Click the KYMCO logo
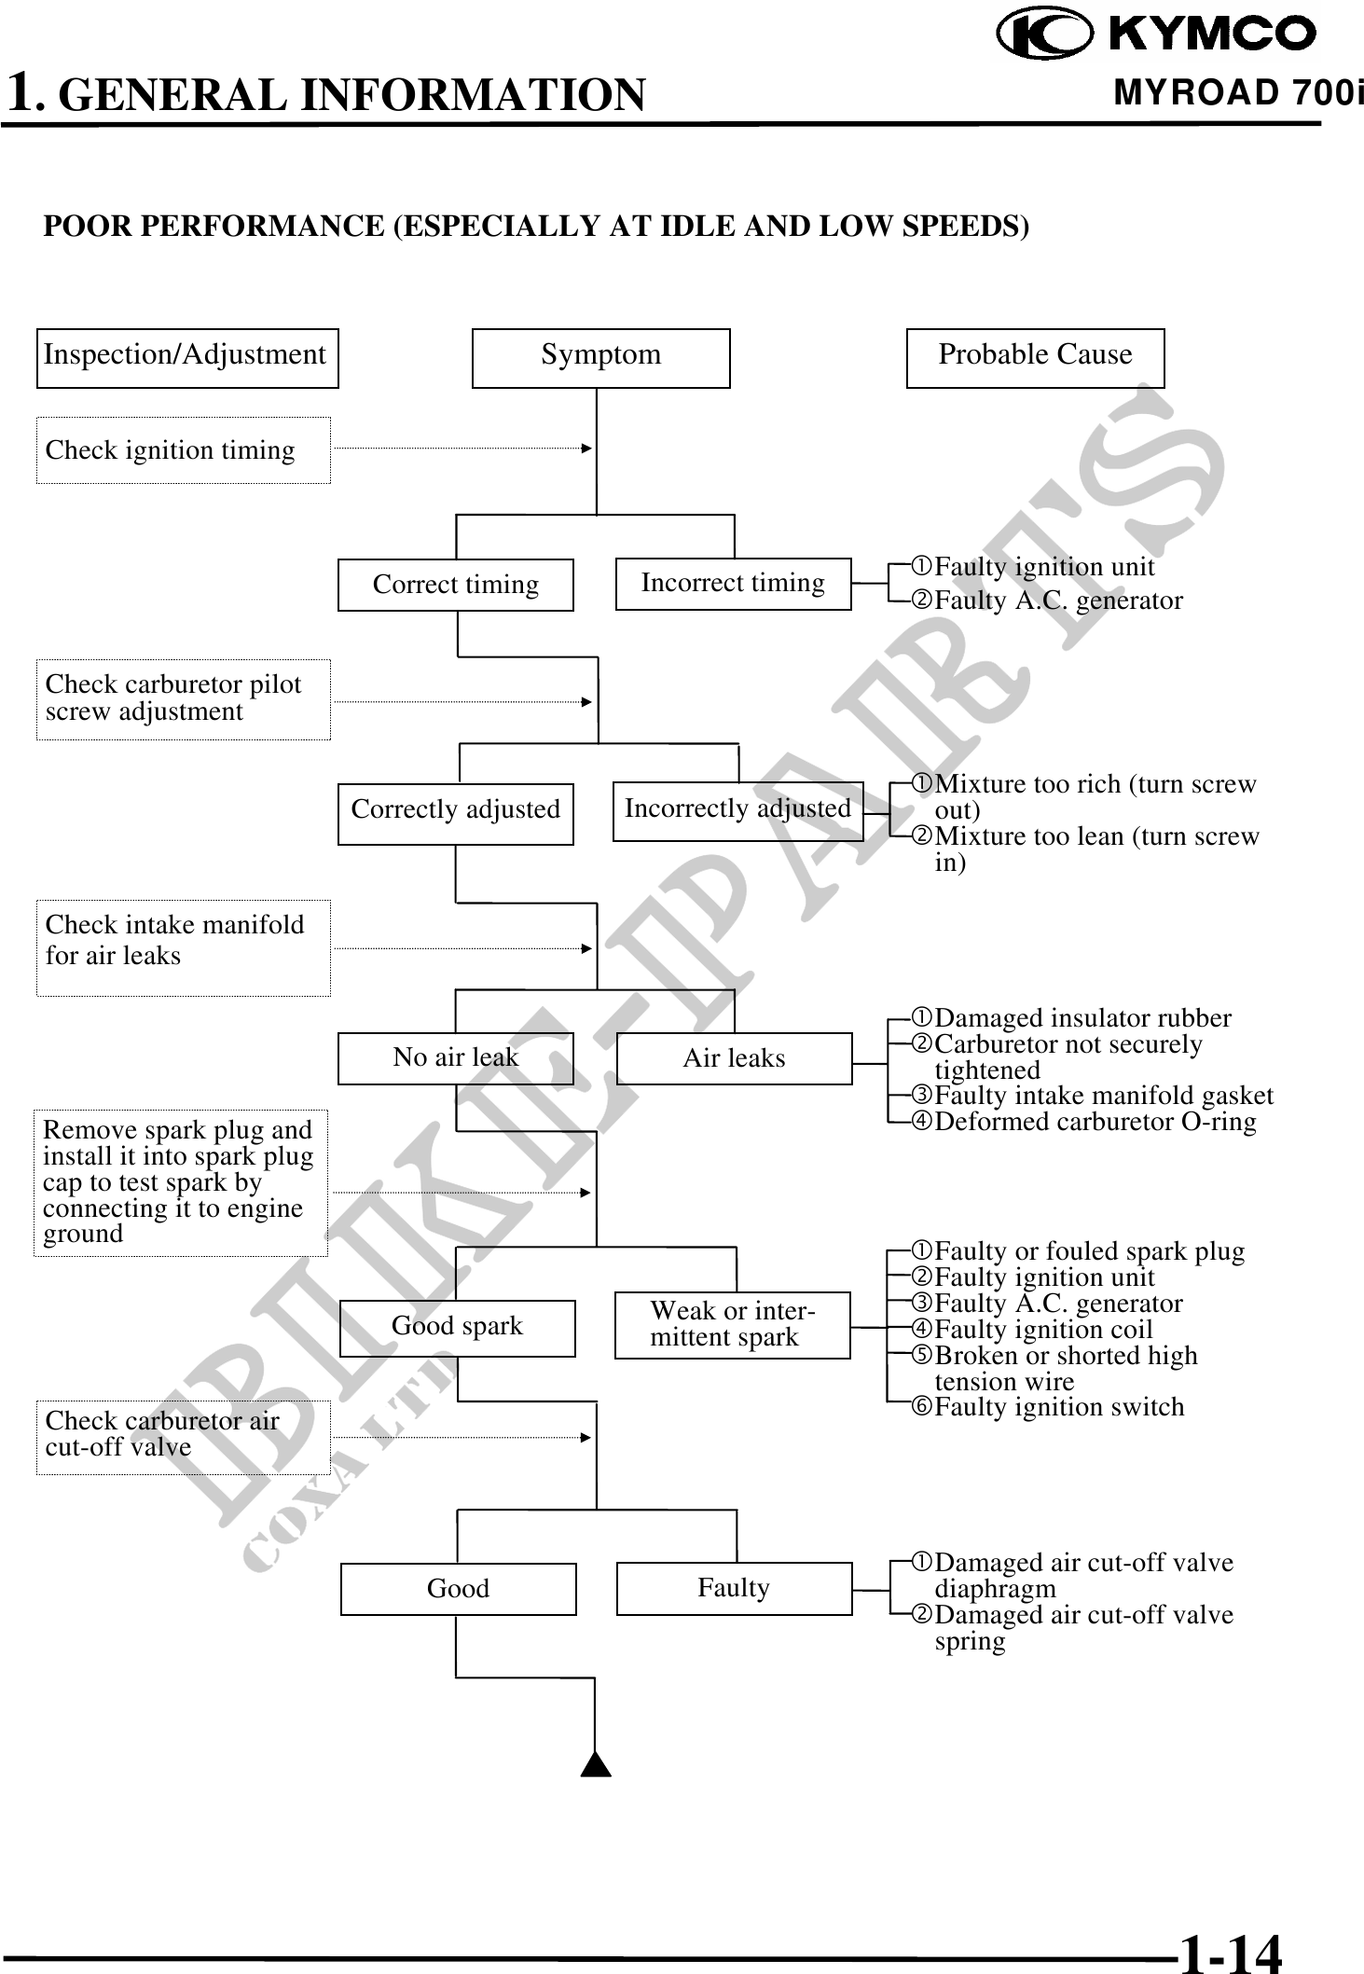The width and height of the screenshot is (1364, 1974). (x=1157, y=35)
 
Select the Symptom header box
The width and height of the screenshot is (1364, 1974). (x=600, y=357)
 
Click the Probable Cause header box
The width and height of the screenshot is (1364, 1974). (x=1035, y=357)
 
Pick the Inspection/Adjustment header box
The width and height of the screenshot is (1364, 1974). (x=186, y=357)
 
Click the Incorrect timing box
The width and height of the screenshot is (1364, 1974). (x=733, y=584)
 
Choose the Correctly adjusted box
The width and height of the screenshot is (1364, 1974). (x=455, y=813)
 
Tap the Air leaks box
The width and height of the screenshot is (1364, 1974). (x=734, y=1058)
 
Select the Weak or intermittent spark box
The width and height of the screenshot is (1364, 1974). (x=732, y=1324)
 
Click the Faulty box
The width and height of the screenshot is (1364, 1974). (x=734, y=1588)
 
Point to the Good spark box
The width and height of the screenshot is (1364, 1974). (x=457, y=1328)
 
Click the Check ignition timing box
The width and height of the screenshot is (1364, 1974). (x=183, y=450)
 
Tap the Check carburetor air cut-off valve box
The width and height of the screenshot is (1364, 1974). (x=183, y=1436)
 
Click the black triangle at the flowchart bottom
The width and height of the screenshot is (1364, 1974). (x=596, y=1765)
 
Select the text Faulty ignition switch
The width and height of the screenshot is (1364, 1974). (x=1059, y=1407)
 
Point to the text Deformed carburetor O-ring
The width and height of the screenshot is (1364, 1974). (x=1095, y=1122)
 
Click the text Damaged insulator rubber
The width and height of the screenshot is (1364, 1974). (x=1082, y=1018)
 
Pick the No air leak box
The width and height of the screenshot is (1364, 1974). (x=455, y=1058)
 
